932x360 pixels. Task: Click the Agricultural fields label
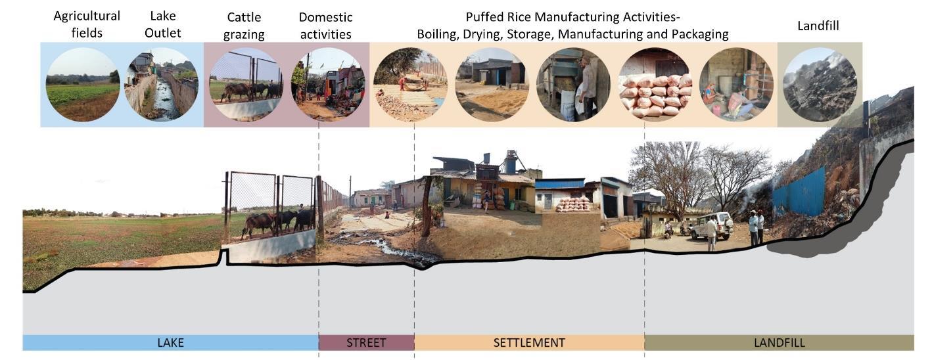[87, 24]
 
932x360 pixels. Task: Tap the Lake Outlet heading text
[162, 24]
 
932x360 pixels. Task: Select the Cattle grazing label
[243, 25]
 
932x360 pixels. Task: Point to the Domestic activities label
[325, 25]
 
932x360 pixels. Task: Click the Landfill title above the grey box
[818, 26]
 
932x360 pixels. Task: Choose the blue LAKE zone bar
[170, 342]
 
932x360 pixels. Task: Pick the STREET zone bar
[366, 342]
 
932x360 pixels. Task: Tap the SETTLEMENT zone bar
[528, 342]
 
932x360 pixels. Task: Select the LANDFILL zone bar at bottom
[779, 342]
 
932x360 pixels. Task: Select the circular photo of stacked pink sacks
[655, 85]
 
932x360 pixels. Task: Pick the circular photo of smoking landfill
[819, 85]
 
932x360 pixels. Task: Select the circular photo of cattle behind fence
[246, 85]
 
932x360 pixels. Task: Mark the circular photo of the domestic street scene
[327, 85]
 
